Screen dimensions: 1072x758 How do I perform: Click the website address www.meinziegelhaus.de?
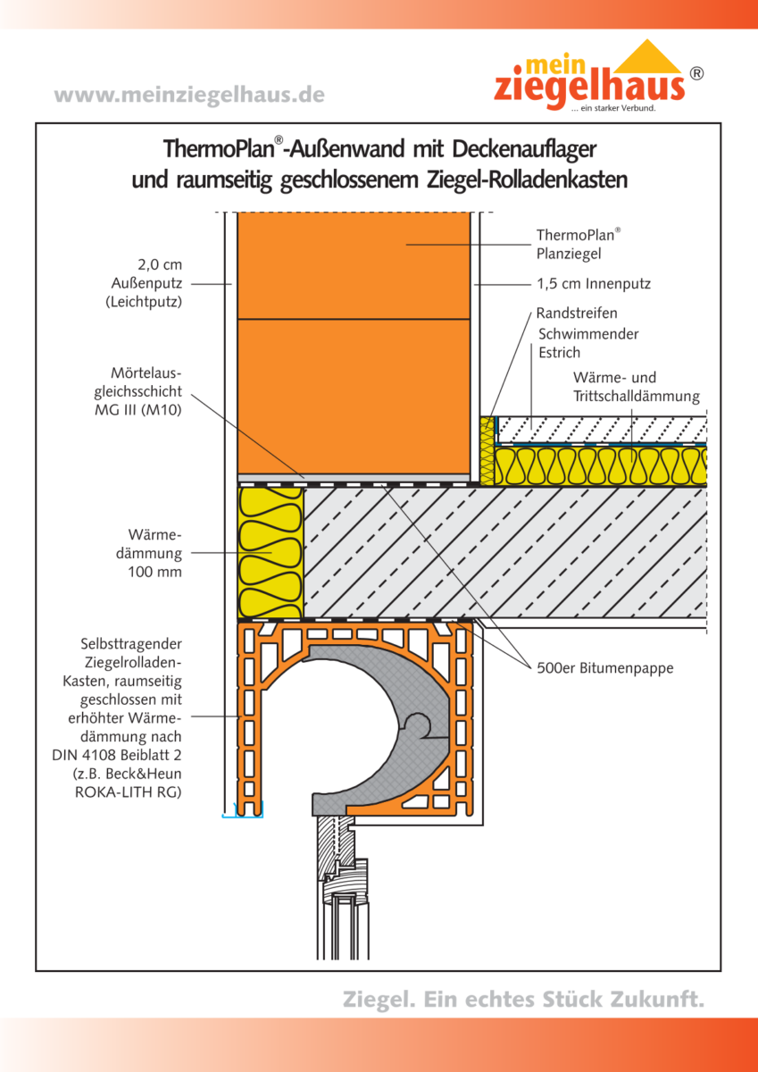click(189, 95)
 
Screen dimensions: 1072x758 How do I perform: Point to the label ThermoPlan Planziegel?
click(578, 244)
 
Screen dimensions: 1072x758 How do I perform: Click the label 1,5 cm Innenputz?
click(594, 284)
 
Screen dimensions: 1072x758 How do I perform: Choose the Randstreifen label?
click(577, 314)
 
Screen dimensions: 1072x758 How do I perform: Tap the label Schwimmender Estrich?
click(588, 343)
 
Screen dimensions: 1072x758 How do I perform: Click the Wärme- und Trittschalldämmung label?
click(636, 387)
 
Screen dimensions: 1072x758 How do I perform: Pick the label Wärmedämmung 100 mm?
click(149, 553)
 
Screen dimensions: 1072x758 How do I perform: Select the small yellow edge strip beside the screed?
click(487, 450)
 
